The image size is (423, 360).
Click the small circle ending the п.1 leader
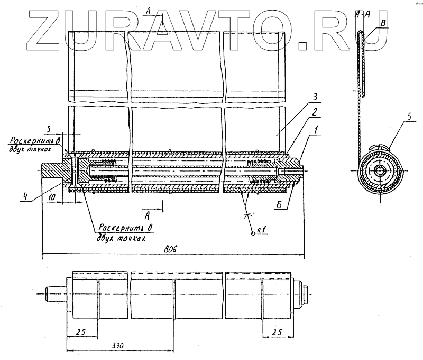[253, 235]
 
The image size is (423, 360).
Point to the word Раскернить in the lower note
[115, 228]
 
